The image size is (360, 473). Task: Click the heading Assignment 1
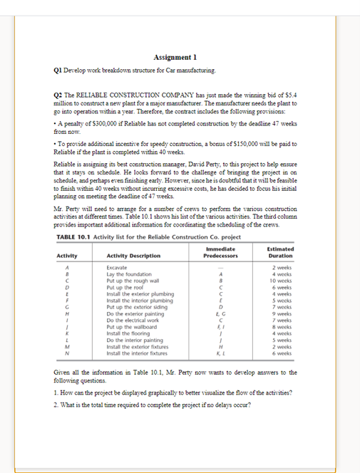click(175, 57)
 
